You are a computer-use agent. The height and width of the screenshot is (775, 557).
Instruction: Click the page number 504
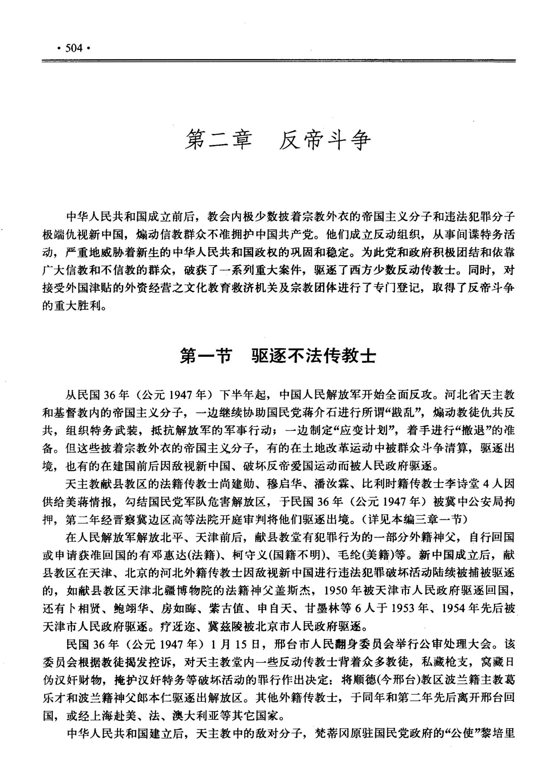click(74, 48)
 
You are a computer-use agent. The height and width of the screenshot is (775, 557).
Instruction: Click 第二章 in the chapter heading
click(219, 140)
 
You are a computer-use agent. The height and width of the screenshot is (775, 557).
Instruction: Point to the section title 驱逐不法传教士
click(314, 356)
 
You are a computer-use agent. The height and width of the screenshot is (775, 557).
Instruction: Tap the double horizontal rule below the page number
click(278, 61)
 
